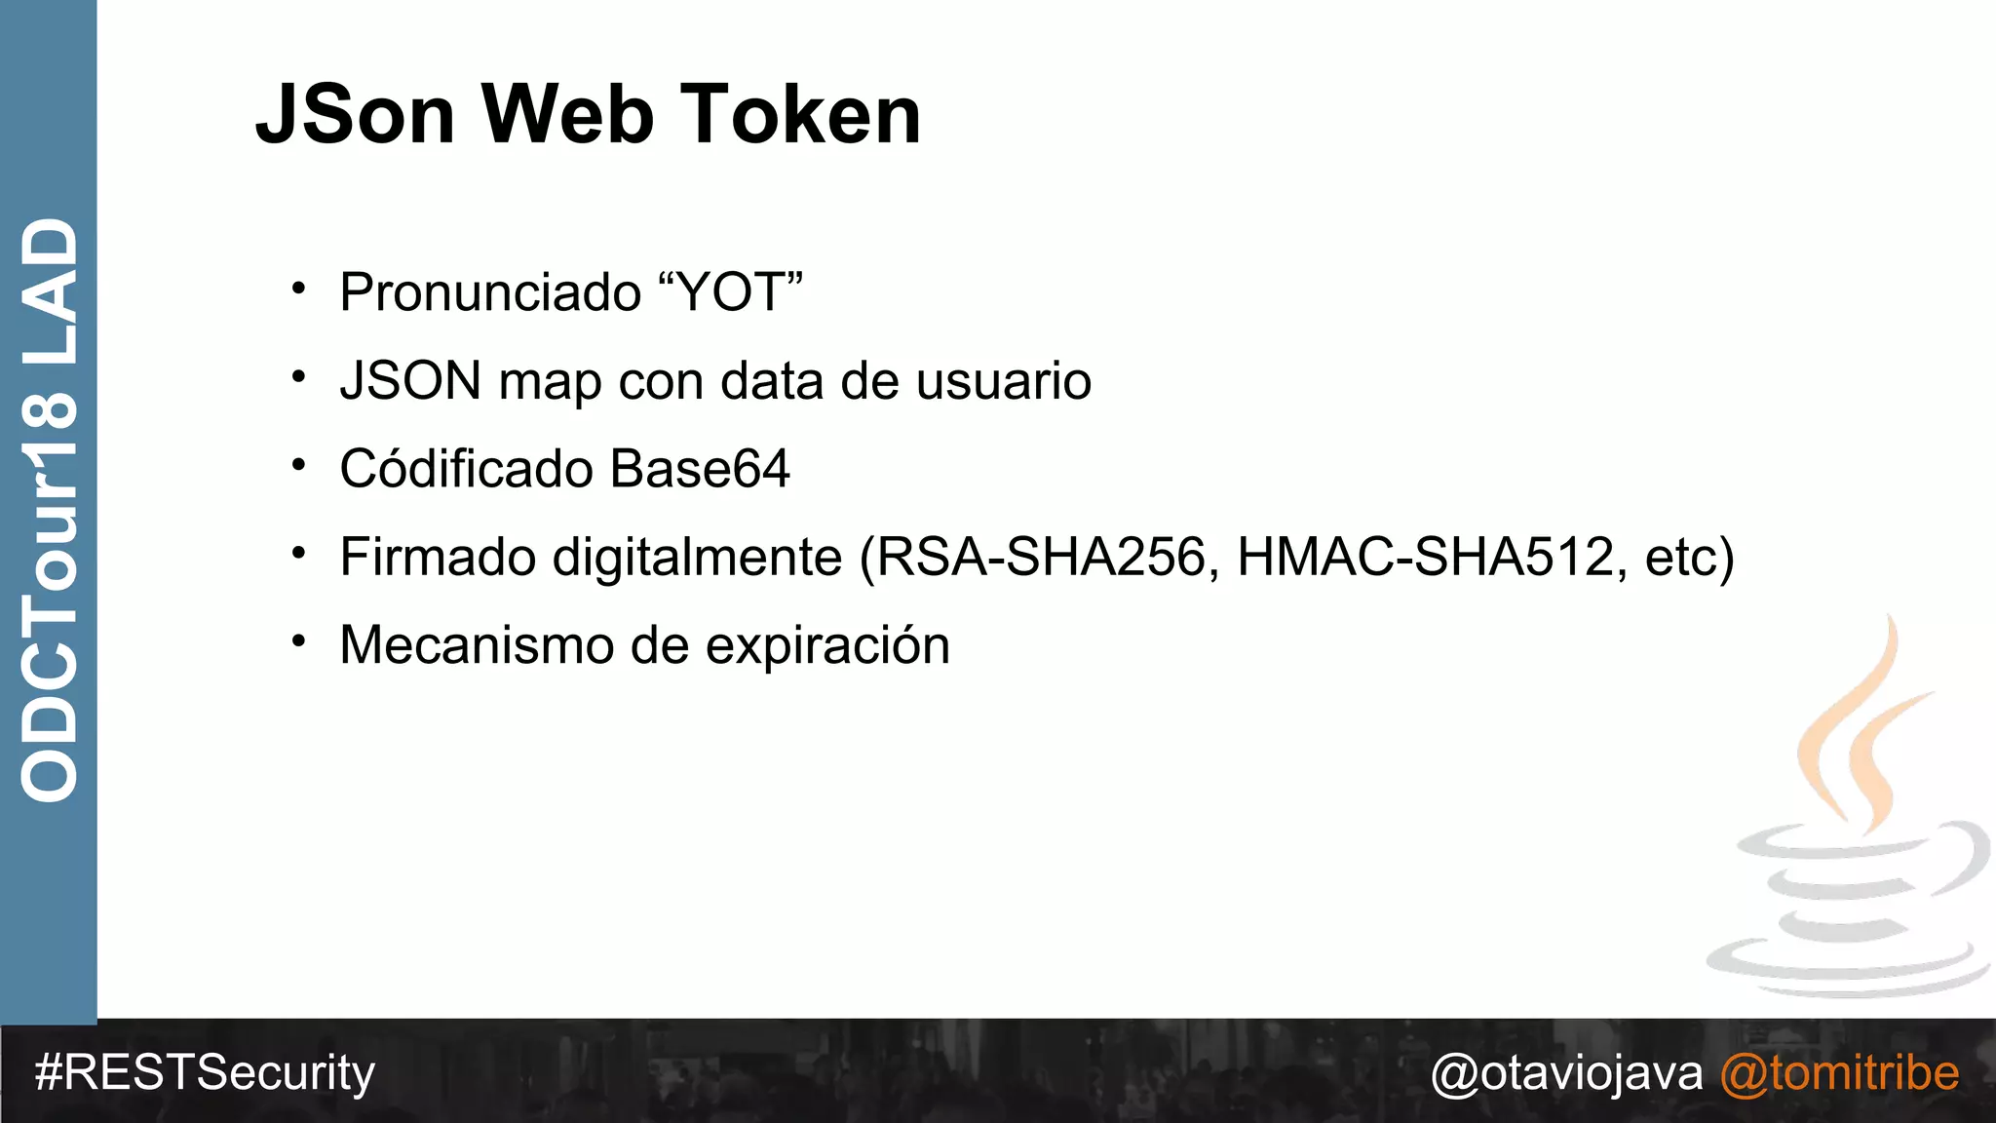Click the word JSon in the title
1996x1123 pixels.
coord(355,115)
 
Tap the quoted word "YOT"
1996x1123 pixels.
coord(731,291)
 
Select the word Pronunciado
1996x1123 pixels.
coord(490,292)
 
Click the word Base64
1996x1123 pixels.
coord(700,469)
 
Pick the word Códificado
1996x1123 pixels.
coord(466,469)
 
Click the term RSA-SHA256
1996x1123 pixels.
coord(1041,558)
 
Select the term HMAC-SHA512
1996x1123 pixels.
coord(1425,558)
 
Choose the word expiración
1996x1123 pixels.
coord(827,646)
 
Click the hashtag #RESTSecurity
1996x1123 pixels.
coord(205,1073)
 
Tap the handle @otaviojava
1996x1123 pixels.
coord(1566,1073)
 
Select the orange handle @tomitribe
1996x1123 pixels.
coord(1839,1073)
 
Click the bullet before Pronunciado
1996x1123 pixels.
coord(299,289)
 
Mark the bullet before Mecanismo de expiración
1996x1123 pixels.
coord(299,641)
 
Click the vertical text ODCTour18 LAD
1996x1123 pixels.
coord(49,510)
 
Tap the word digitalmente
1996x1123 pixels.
coord(697,559)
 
